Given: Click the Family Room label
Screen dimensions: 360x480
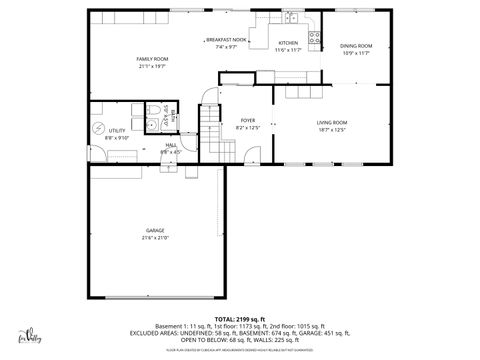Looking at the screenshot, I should (152, 59).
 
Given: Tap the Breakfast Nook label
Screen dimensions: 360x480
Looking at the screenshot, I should (226, 40).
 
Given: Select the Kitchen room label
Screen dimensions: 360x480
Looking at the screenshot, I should (288, 43).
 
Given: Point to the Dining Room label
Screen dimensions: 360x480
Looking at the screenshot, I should (355, 46).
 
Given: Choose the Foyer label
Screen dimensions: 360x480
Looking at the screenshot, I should (247, 121).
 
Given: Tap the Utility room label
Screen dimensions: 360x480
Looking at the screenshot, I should (117, 131).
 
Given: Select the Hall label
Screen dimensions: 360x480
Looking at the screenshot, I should (171, 145).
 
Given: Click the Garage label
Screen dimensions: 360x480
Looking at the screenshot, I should (154, 231).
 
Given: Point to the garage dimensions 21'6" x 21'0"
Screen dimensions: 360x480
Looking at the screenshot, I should (154, 238).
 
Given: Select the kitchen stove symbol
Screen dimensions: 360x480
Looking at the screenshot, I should (313, 39).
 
